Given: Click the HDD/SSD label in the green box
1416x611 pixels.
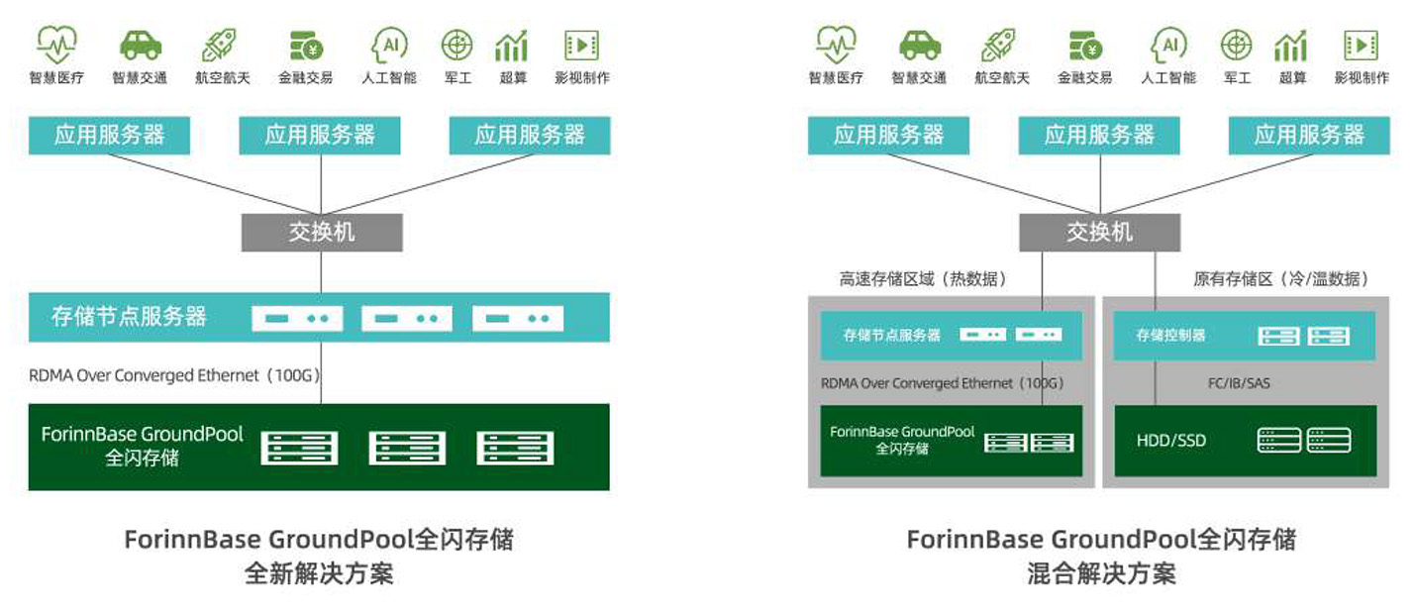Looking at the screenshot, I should click(1171, 440).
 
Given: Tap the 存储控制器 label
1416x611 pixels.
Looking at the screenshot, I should click(1171, 336).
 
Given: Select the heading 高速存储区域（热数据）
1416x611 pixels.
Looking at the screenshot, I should click(923, 279).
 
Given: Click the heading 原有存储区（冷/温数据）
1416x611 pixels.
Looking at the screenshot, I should click(1280, 279).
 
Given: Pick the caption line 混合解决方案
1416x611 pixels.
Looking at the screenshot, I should click(1101, 573).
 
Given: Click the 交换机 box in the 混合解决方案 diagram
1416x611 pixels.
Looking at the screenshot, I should click(1099, 233).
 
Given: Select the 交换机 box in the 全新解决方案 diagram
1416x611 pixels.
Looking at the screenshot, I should click(322, 233).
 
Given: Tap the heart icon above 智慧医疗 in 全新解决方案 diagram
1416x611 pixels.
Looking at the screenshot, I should click(56, 45).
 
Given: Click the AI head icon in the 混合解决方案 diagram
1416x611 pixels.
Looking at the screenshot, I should click(1168, 45).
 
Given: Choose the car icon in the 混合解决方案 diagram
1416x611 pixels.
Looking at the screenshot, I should click(920, 45).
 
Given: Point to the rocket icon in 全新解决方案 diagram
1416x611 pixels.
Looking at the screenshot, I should click(220, 45).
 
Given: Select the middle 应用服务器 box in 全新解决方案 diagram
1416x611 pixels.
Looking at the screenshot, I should click(320, 136).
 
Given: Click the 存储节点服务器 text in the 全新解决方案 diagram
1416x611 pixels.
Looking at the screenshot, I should click(129, 317).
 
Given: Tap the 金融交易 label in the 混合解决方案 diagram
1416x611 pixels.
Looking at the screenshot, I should click(1085, 78).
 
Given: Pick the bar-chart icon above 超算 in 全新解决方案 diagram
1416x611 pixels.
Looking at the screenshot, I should click(512, 45).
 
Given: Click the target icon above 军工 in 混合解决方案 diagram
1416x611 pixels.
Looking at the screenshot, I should click(1236, 45).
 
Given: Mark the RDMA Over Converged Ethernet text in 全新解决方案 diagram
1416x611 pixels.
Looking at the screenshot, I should click(173, 375).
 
